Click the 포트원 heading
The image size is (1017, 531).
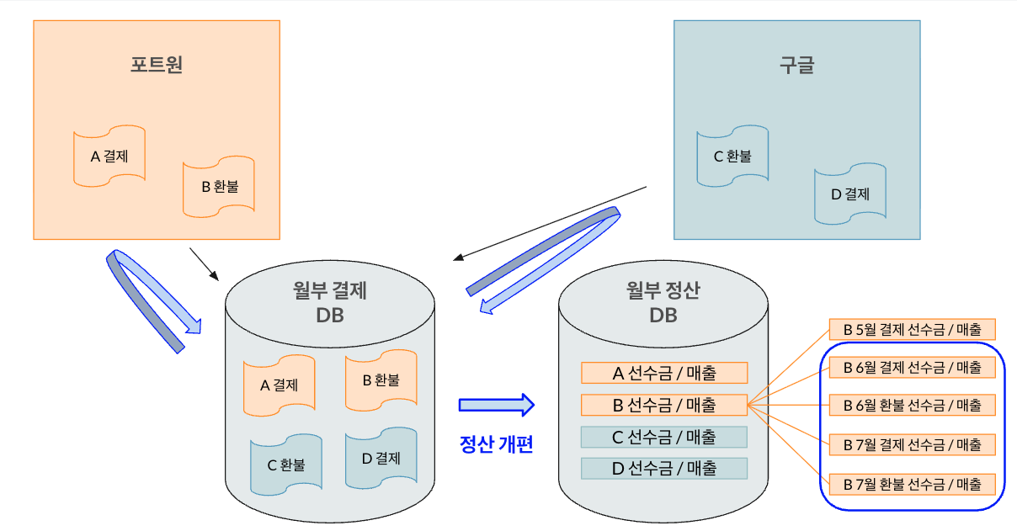[157, 65]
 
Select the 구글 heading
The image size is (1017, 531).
[796, 65]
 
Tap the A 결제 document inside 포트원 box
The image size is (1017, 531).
[109, 156]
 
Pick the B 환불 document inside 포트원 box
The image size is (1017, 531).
[219, 186]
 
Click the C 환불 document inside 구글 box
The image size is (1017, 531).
[732, 156]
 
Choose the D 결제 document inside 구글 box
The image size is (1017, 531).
[850, 194]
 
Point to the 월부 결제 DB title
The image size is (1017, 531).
[330, 303]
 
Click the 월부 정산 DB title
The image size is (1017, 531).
[663, 303]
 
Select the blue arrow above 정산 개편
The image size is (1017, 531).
[497, 405]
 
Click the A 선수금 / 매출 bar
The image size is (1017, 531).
[664, 373]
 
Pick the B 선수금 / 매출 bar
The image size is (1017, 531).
[664, 405]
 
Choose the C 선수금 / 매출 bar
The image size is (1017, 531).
[664, 437]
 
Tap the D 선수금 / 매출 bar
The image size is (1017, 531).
[664, 468]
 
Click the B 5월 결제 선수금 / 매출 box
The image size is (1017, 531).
[913, 329]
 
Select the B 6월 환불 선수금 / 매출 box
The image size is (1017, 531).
[913, 405]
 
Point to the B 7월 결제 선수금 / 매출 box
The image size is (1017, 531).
[913, 443]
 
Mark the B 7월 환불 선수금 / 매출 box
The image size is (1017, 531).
[913, 484]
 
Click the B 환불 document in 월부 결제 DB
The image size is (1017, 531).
[381, 380]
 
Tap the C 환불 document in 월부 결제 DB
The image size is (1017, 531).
[286, 464]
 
